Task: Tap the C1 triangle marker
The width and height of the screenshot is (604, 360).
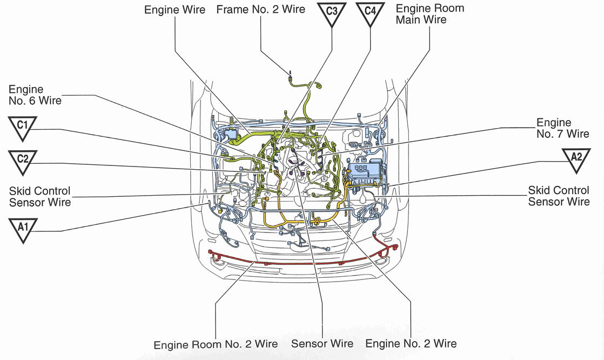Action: pos(22,128)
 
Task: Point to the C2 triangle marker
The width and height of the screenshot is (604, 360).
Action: pos(22,161)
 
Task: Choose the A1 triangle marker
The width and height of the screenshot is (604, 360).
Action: pos(22,229)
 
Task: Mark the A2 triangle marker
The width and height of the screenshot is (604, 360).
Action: pos(576,159)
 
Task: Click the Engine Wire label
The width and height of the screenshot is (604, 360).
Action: pos(175,10)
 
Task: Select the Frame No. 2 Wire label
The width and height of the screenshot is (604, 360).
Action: pos(260,9)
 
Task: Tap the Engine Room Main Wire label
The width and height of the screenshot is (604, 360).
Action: pos(429,14)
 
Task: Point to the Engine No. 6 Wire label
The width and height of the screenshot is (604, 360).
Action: pos(35,95)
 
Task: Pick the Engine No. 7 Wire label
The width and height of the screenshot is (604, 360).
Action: pos(562,128)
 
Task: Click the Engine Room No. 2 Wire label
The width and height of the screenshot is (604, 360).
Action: pos(216,344)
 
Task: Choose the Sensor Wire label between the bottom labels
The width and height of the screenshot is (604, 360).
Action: pos(322,344)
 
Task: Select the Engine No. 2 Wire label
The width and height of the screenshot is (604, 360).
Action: pos(411,344)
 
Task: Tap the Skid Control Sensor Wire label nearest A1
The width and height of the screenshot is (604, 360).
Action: pos(39,197)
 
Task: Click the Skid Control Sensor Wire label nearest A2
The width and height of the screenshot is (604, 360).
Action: pos(559,196)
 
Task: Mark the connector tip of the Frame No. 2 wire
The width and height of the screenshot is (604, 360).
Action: pos(291,76)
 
